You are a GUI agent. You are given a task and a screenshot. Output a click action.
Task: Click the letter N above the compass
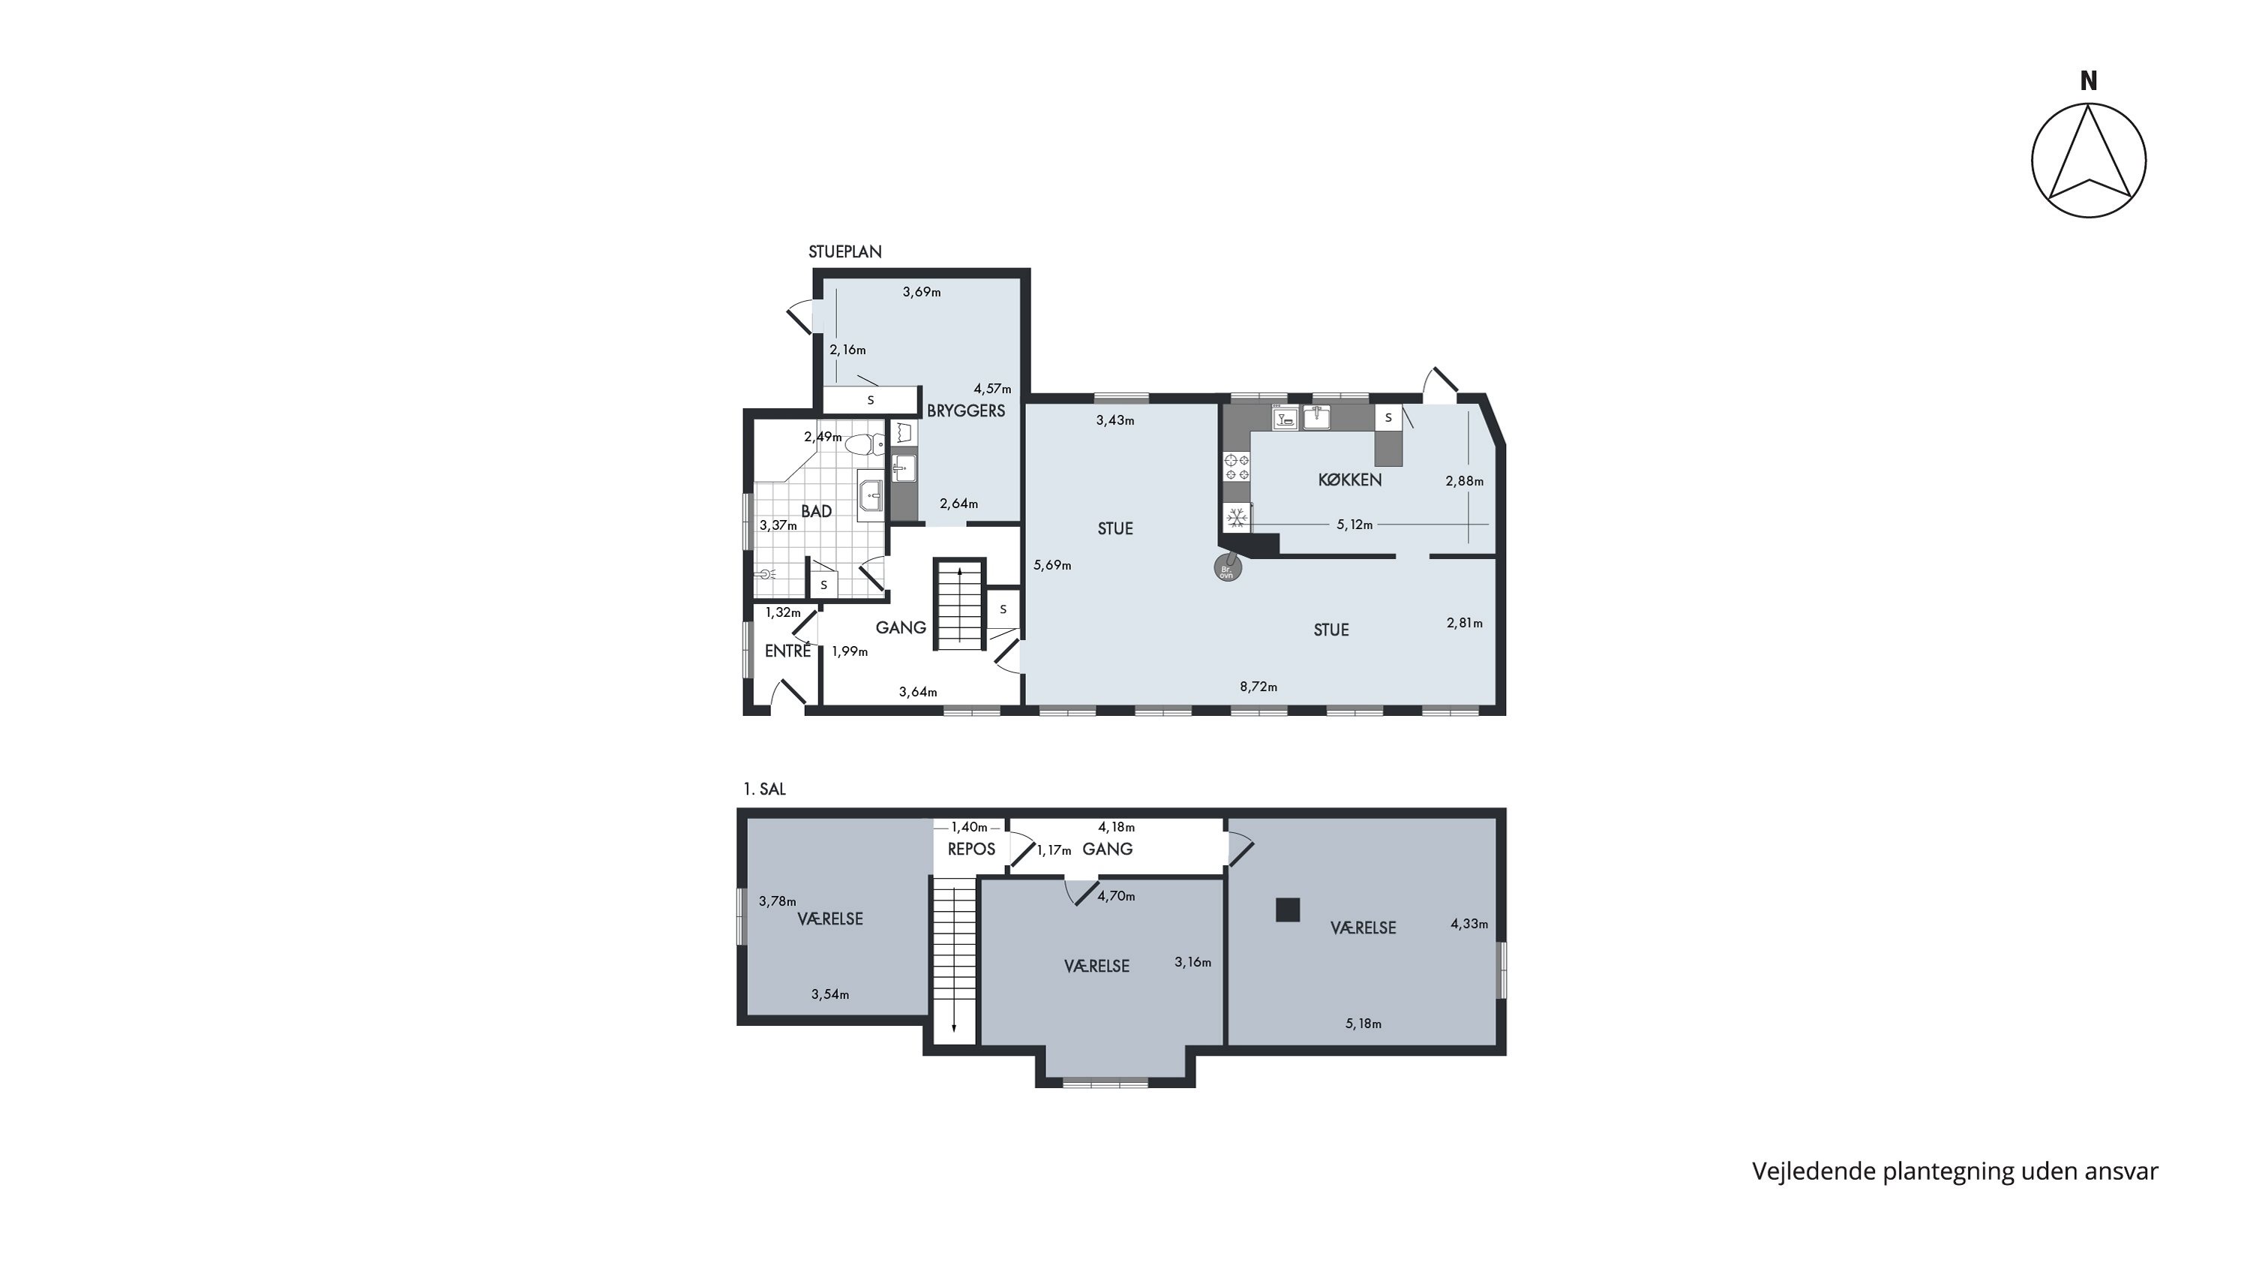[x=2089, y=81]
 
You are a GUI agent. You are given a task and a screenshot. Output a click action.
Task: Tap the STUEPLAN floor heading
[x=844, y=251]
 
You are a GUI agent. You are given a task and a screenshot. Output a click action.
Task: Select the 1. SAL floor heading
[x=764, y=789]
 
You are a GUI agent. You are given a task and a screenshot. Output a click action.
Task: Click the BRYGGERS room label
[x=966, y=410]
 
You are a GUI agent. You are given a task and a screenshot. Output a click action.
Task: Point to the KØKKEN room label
[x=1349, y=480]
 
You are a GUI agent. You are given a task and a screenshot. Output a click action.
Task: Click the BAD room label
[x=817, y=511]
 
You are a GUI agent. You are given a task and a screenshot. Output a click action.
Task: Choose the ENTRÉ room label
[x=787, y=651]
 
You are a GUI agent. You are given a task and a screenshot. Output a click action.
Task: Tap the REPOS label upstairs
[x=971, y=850]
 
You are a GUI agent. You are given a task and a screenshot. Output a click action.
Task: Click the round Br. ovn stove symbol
[x=1227, y=570]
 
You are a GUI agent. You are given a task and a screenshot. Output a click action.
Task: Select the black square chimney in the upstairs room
[x=1288, y=910]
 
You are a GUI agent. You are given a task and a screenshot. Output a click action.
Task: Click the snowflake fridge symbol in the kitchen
[x=1236, y=518]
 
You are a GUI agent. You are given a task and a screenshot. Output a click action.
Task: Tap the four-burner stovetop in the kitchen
[x=1236, y=467]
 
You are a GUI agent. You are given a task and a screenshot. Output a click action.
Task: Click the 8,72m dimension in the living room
[x=1258, y=687]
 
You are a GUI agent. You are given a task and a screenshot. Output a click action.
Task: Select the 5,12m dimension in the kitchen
[x=1354, y=525]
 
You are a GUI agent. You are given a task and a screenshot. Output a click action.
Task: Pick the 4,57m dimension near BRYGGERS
[x=992, y=389]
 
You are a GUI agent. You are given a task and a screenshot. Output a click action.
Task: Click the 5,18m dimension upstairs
[x=1363, y=1024]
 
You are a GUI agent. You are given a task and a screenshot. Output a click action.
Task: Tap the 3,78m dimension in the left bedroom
[x=777, y=902]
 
